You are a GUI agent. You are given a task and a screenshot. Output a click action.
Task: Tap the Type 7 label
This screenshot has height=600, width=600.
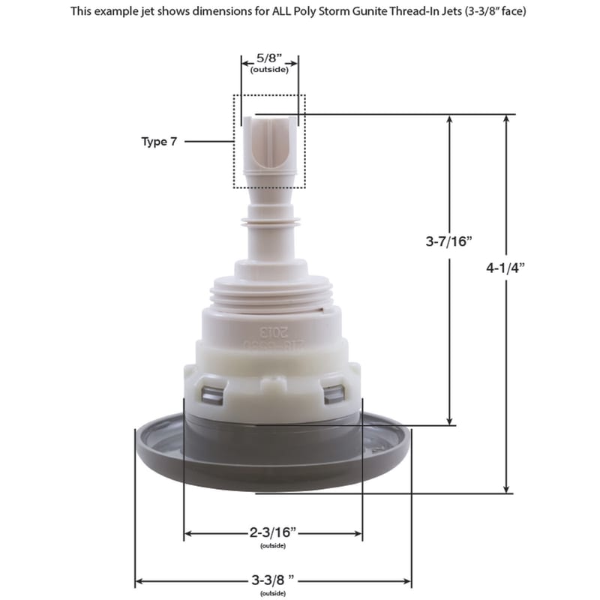tap(160, 141)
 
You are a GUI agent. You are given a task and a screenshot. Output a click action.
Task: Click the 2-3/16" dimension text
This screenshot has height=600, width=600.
tap(274, 532)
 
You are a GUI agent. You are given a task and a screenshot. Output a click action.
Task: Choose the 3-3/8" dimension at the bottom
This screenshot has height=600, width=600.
tap(274, 580)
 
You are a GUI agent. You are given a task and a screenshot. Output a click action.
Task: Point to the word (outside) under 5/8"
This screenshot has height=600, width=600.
tap(269, 69)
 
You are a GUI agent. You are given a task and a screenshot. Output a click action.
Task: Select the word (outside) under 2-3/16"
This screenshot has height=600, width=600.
tap(274, 545)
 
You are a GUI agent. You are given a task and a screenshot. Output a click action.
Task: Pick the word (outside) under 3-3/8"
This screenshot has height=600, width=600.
tap(274, 593)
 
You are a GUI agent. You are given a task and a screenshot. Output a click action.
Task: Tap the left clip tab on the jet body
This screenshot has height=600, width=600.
tap(211, 391)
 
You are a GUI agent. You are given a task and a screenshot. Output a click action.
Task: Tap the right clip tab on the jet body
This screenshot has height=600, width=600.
tap(334, 391)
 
